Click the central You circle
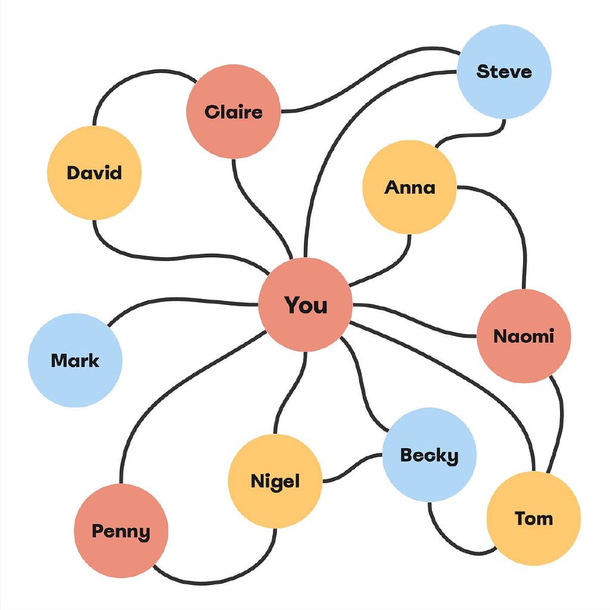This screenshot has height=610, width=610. point(306,304)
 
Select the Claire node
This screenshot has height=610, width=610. point(233,111)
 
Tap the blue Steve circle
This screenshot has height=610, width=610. point(504,71)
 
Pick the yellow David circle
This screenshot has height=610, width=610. point(94,173)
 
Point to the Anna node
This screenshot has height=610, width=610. point(410,187)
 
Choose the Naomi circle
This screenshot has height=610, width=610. point(524,336)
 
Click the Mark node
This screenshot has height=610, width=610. point(75,360)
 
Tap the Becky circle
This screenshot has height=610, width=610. point(429,455)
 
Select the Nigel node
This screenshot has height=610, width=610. point(275,481)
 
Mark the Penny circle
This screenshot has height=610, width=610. point(121,531)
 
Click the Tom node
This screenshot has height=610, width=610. point(533,518)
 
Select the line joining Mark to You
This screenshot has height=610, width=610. point(179,298)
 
